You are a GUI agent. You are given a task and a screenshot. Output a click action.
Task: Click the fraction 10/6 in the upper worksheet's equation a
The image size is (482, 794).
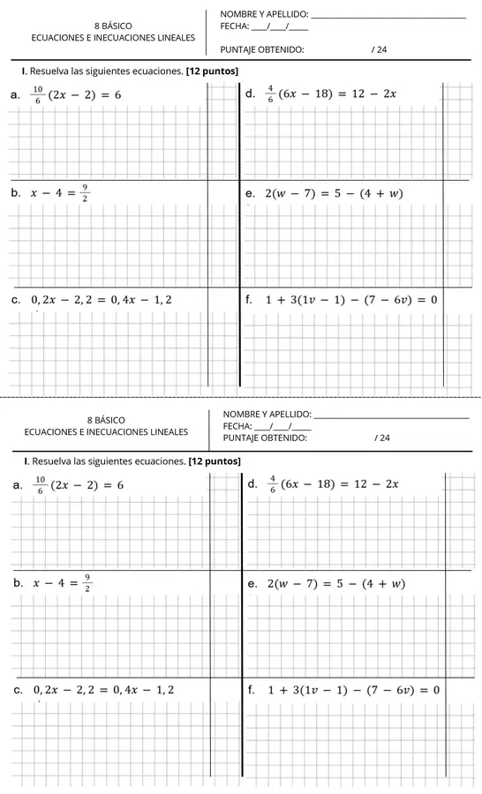pos(37,94)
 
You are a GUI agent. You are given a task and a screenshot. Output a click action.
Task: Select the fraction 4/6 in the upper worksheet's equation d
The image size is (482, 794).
pos(271,94)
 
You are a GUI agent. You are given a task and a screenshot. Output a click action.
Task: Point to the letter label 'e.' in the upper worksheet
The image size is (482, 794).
pos(252,192)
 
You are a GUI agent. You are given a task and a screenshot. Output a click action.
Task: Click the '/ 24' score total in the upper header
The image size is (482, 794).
pos(380,49)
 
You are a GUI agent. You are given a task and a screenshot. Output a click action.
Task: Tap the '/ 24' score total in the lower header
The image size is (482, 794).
pos(381,438)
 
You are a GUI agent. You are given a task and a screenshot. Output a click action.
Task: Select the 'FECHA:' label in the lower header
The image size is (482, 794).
pos(237,426)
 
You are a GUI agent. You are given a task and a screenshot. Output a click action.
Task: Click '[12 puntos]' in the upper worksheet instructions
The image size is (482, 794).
pos(213,70)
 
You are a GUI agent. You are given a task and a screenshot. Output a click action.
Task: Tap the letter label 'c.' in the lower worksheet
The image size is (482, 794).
pos(16,689)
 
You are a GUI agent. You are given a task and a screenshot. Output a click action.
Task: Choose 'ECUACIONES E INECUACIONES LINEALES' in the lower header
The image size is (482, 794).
pos(106,432)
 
